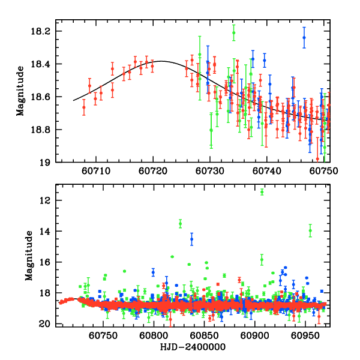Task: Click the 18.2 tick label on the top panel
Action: [44, 31]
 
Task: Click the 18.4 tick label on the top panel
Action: [44, 64]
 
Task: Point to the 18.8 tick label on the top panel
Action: [44, 130]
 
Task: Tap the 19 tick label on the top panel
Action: [48, 163]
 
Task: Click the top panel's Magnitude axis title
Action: [20, 91]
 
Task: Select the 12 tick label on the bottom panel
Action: [48, 200]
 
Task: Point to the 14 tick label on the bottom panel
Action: [48, 232]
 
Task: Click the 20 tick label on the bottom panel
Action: [48, 325]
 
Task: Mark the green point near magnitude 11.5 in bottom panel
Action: [262, 191]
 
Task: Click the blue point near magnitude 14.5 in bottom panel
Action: [192, 239]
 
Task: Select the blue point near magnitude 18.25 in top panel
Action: [304, 37]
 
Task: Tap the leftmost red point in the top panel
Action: [84, 107]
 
